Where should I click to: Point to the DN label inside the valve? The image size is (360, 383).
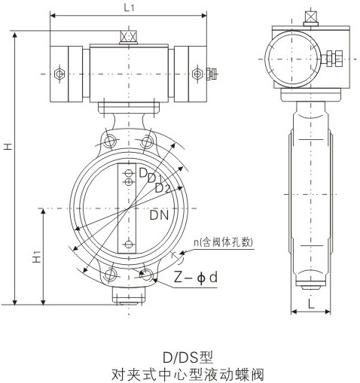click(159, 217)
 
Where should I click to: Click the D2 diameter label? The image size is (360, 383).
click(162, 187)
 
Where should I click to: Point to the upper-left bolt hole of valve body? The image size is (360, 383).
click(111, 141)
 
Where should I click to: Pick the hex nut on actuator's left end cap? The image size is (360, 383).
click(59, 73)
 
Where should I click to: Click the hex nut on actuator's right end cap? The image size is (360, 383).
click(198, 73)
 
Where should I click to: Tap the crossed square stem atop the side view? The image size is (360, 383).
click(309, 17)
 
